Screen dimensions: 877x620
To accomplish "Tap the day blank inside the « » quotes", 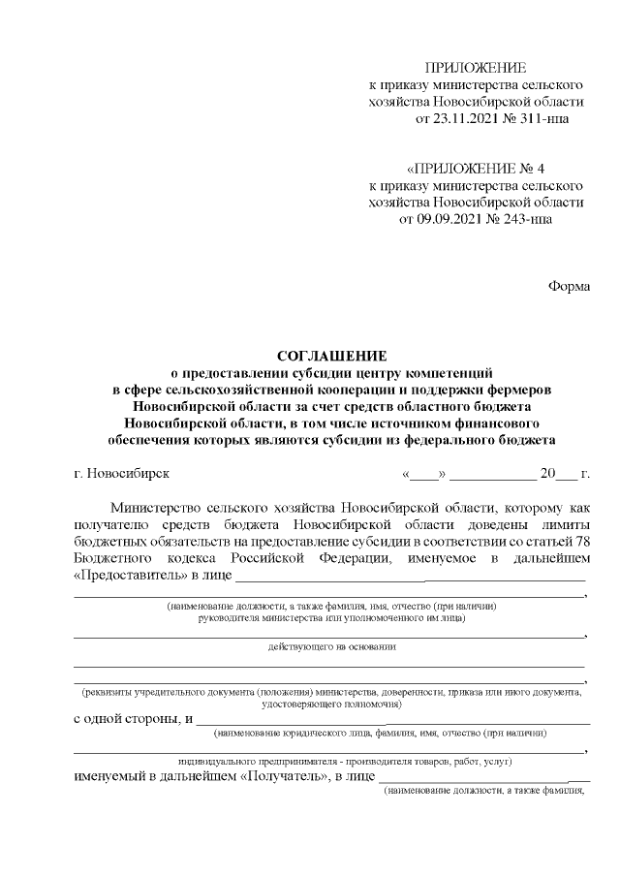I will (x=423, y=475).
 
